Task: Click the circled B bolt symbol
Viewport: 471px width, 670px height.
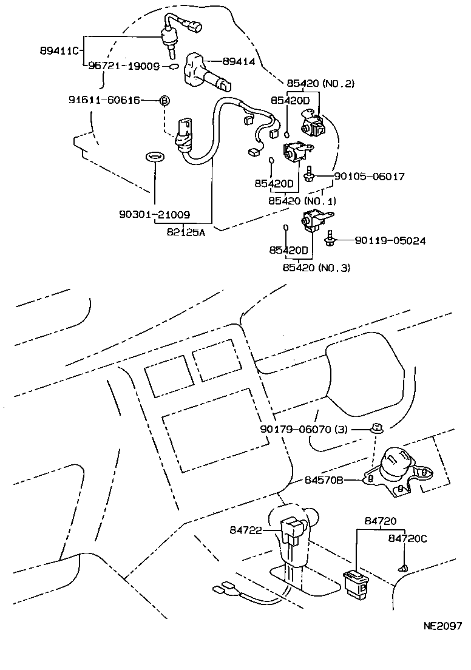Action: click(x=163, y=100)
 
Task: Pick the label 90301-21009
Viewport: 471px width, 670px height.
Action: click(x=154, y=214)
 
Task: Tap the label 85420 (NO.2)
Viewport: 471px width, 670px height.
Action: click(x=320, y=84)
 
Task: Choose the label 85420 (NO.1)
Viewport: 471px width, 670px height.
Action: click(x=302, y=200)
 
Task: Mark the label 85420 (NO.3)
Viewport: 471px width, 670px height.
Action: click(x=316, y=267)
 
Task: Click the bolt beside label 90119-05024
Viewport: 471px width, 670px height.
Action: click(x=330, y=239)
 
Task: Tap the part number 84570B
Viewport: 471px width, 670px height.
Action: click(x=324, y=480)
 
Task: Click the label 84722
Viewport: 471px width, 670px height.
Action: click(x=245, y=530)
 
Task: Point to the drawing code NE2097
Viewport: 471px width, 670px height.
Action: click(x=442, y=625)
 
